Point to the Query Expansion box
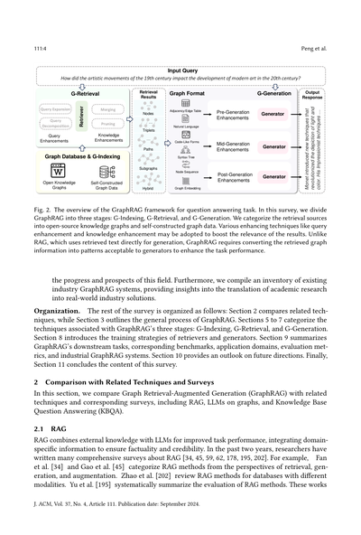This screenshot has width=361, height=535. point(56,108)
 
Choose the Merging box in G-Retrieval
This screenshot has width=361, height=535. point(107,108)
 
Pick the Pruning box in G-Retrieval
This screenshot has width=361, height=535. point(107,125)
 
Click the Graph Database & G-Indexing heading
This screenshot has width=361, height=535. point(83,156)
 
